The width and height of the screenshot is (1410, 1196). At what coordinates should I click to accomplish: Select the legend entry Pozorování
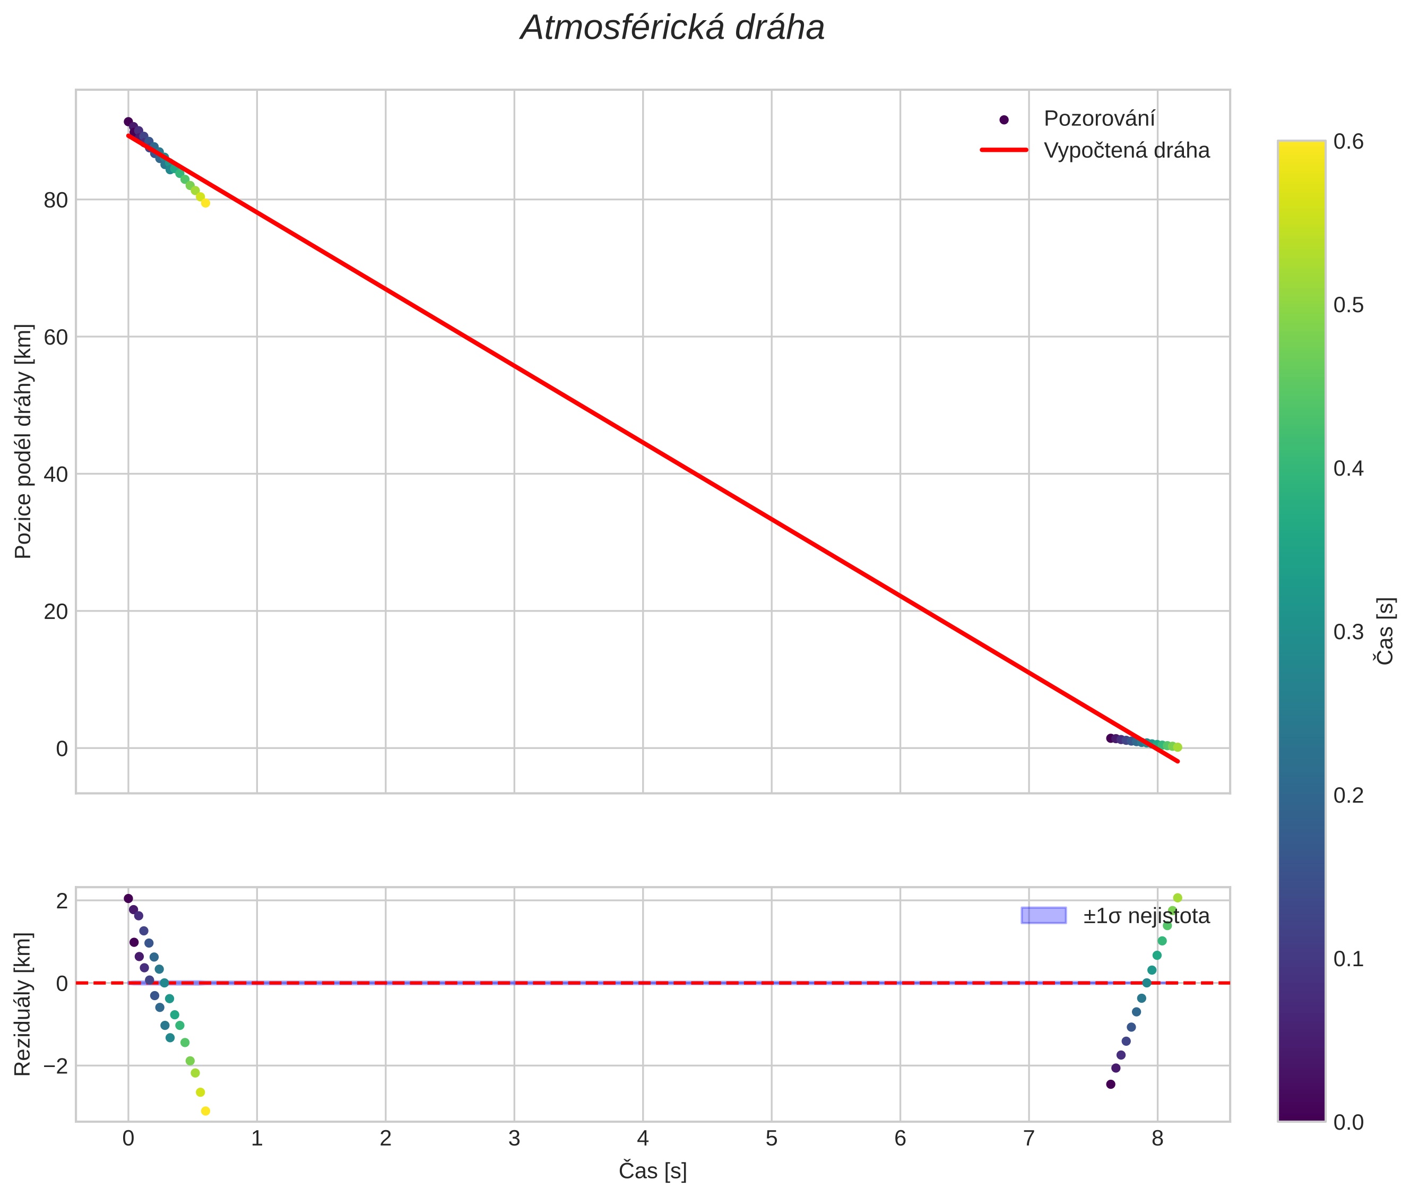click(x=1098, y=119)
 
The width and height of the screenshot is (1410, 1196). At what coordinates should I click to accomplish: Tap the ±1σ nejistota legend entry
click(x=1146, y=916)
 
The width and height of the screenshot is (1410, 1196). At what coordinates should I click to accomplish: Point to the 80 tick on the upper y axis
click(x=56, y=201)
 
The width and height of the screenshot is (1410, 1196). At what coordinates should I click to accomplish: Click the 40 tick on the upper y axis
click(x=56, y=475)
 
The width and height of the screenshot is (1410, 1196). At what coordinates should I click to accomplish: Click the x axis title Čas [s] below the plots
click(x=652, y=1171)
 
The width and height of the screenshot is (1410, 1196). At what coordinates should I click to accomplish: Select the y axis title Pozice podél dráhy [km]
click(x=23, y=441)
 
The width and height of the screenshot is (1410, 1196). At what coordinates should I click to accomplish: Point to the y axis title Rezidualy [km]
click(x=23, y=1004)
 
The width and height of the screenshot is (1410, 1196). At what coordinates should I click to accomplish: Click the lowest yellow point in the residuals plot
click(x=205, y=1111)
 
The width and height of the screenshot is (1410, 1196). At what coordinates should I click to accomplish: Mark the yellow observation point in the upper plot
click(x=205, y=203)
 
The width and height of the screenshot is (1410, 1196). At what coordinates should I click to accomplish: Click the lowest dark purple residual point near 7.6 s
click(x=1110, y=1084)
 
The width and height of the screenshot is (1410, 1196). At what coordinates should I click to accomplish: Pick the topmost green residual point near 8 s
click(x=1178, y=898)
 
